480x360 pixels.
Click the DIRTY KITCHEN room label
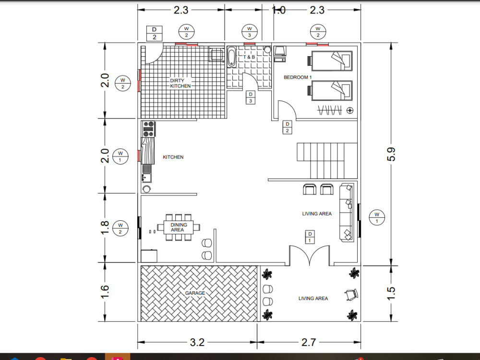tap(180, 83)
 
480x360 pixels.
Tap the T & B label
tap(249, 57)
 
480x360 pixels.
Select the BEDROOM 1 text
tap(298, 77)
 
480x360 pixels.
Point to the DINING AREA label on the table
tap(177, 227)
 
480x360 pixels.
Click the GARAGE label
tap(195, 293)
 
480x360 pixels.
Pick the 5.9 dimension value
tap(392, 154)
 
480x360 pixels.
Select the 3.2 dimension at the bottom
tap(197, 342)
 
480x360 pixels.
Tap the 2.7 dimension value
tap(308, 342)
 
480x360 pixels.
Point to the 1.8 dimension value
tap(106, 228)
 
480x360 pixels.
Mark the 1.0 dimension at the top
tap(279, 10)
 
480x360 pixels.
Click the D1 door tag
tap(310, 236)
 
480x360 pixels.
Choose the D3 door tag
tap(250, 97)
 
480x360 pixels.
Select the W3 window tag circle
tap(249, 32)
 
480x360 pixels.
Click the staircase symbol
tap(327, 160)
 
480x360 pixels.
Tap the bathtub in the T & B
tap(232, 57)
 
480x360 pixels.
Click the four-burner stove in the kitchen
tap(148, 127)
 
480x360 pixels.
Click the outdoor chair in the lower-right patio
tap(351, 294)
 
